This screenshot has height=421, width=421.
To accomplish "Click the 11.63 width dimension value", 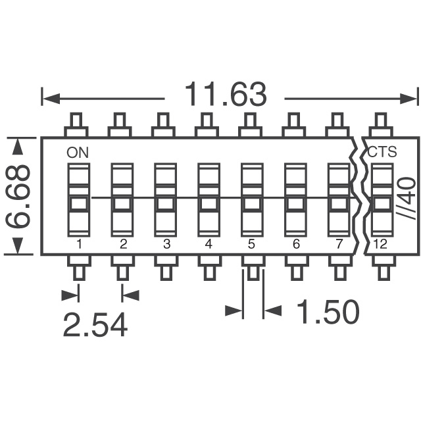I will pos(226,96).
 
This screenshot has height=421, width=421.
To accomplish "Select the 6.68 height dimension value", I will pos(19,197).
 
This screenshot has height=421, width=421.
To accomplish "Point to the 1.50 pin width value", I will pos(328,312).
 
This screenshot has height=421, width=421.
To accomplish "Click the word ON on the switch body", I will pos(77,152).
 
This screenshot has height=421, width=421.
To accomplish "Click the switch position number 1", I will pos(78,245).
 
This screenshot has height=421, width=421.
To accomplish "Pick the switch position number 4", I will pos(209,245).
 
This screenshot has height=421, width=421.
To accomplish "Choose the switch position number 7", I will pos(339,245).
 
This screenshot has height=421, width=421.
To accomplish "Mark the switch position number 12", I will pos(381,245).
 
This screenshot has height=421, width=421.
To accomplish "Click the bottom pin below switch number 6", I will pos(295,269).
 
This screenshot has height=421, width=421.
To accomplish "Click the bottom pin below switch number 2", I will pos(122,269).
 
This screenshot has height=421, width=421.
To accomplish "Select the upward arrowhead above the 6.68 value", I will pos(19,145).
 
